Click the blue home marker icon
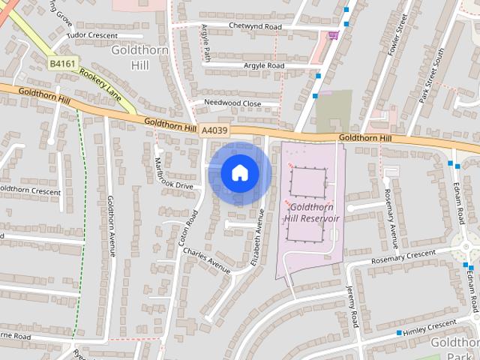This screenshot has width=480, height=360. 239,172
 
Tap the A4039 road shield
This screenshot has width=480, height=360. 214,130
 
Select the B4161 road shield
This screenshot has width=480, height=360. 62,64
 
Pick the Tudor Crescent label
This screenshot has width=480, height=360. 92,35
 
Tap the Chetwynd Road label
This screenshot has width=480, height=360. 256,26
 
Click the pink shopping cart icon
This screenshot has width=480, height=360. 333,34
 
